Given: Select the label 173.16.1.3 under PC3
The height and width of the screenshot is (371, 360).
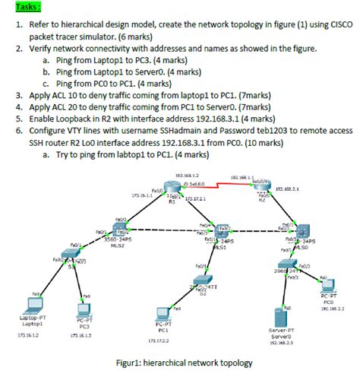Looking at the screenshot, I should [x=81, y=335].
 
